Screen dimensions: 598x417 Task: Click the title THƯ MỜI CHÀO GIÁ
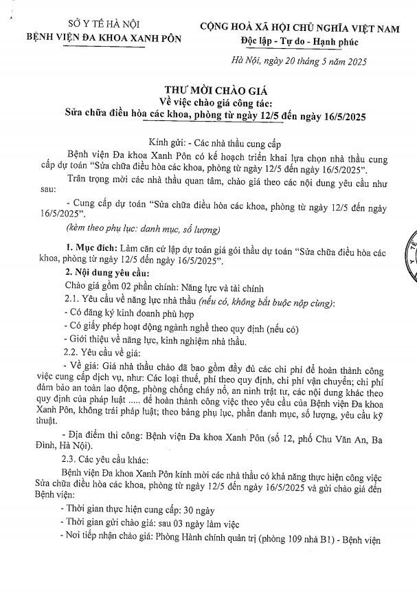click(207, 90)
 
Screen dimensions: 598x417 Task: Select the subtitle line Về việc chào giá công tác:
click(208, 102)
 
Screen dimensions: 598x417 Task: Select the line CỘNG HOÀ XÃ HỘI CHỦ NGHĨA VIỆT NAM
click(299, 28)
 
